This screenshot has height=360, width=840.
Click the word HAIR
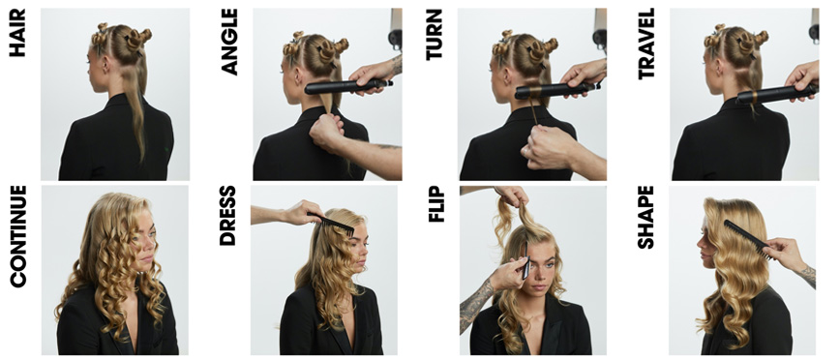point(17,32)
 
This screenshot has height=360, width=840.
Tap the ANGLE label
point(229,42)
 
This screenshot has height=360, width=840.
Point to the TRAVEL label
point(646,44)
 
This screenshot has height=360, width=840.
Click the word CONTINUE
point(17,236)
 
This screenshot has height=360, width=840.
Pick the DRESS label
point(227,216)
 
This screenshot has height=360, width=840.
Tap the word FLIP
point(436,204)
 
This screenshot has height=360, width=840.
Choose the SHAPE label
point(645,218)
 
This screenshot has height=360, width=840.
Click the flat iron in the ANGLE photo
point(348,87)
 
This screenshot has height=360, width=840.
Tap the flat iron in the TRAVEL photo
point(777,94)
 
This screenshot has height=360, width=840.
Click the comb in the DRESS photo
point(331,224)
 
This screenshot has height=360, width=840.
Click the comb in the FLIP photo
point(526,260)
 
